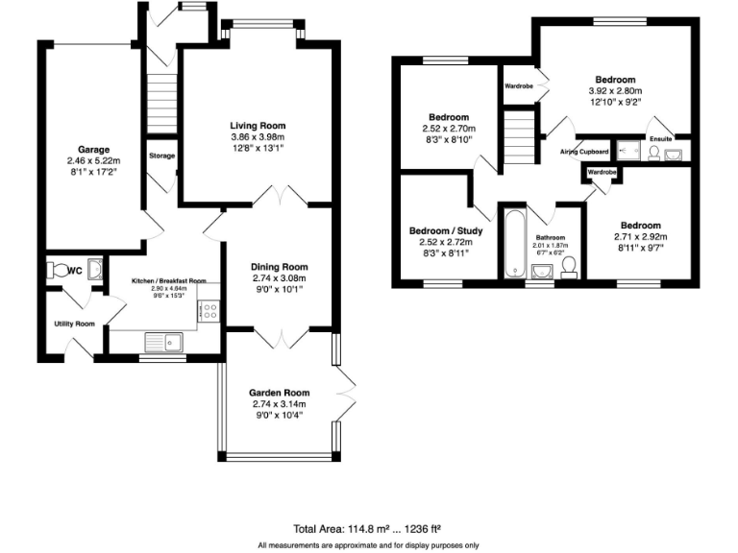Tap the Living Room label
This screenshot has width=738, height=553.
258,125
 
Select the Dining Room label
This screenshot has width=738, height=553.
279,266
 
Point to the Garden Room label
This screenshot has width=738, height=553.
279,392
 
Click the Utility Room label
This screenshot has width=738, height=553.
74,324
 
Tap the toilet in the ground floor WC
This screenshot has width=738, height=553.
59,271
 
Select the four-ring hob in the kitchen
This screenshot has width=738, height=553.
209,310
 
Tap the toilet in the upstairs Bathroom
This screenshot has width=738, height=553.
569,266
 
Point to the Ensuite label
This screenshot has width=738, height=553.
661,138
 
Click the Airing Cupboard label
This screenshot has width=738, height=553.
584,152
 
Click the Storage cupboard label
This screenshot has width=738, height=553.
161,155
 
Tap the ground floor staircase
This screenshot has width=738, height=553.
161,97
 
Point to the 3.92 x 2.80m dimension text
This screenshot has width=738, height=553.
614,91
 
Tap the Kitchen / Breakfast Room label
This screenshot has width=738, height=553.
169,280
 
